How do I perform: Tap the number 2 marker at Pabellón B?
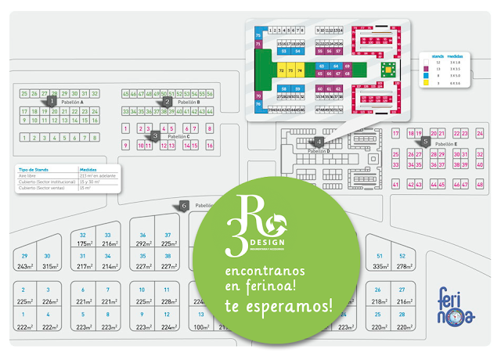[167, 101]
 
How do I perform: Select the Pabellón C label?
[179, 136]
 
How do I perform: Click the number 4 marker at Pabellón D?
[319, 142]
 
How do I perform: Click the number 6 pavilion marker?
[183, 206]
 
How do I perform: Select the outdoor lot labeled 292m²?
[142, 243]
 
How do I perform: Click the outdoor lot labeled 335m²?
[380, 266]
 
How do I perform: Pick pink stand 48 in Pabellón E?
[480, 184]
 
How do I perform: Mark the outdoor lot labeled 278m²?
[402, 266]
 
